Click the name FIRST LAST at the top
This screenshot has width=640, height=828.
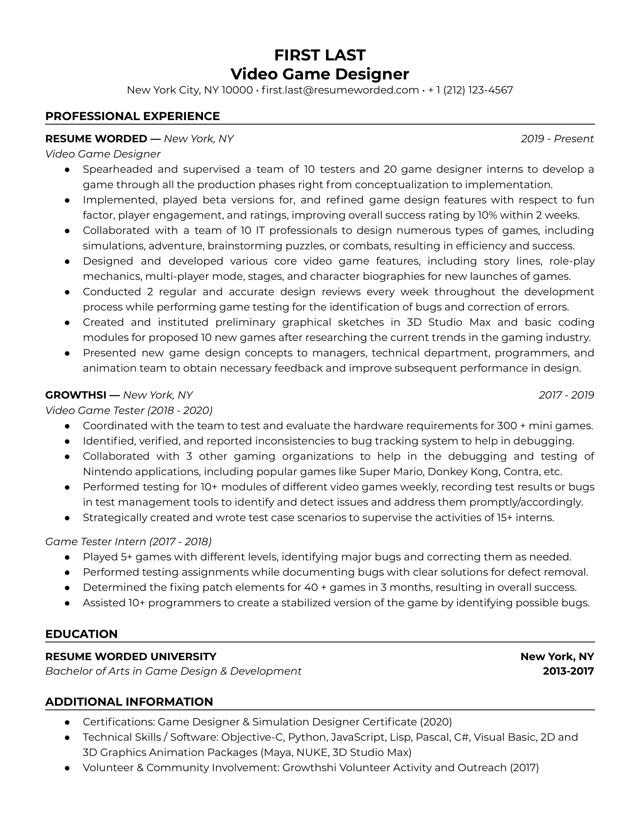point(320,55)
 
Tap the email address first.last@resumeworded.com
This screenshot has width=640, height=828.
point(340,90)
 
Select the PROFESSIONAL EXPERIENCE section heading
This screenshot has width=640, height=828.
point(132,116)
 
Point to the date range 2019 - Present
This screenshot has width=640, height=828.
point(557,139)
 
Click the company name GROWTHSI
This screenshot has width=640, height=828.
point(75,395)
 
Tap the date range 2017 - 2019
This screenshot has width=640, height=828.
point(566,395)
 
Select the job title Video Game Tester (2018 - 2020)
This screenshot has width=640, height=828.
point(129,410)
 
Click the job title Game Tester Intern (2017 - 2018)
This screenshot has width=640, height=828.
point(128,541)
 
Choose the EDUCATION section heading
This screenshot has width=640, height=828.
point(82,634)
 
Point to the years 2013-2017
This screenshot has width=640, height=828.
point(568,671)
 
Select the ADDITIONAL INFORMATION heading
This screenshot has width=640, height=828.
point(129,702)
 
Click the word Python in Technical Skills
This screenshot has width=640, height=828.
point(307,737)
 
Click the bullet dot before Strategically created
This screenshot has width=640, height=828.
point(67,518)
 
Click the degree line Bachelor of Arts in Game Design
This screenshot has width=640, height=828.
point(173,671)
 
